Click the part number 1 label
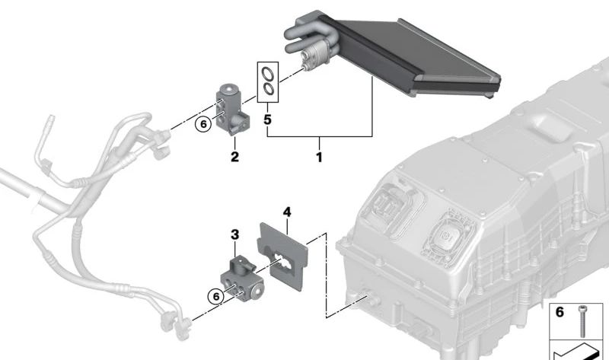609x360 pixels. [319, 158]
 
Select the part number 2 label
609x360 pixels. [234, 157]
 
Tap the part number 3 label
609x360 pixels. [234, 234]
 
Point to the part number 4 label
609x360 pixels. [287, 212]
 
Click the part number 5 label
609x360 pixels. [267, 119]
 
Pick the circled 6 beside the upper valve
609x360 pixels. [202, 124]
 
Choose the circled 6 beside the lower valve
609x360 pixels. [215, 297]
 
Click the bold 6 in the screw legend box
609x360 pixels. [560, 312]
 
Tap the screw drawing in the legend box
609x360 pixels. [582, 320]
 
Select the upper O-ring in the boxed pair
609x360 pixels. [267, 74]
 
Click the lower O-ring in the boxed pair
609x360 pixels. [269, 90]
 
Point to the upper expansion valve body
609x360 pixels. [232, 110]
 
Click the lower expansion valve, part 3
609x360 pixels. [241, 279]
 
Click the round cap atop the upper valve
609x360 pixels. [229, 89]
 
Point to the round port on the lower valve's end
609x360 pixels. [256, 292]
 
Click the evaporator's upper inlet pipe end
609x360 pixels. [289, 33]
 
